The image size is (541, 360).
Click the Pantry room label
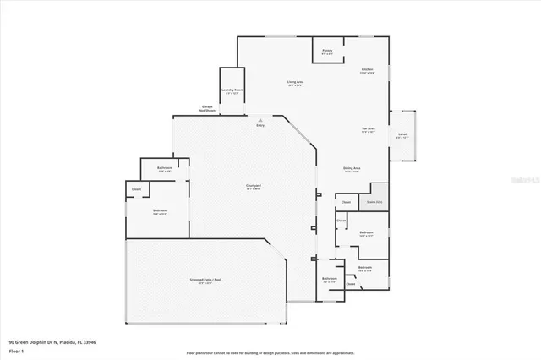[x=326, y=52]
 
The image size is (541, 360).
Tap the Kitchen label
[x=368, y=70]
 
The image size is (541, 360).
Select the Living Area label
[x=296, y=83]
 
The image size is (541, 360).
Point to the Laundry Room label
[x=232, y=90]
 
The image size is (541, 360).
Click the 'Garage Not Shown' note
[x=206, y=109]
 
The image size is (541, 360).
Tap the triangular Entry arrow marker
[x=260, y=119]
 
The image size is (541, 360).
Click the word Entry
[x=260, y=126]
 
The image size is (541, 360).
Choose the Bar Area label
[x=369, y=130]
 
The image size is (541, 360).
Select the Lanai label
[x=402, y=134]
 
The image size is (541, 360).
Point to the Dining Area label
[x=352, y=169]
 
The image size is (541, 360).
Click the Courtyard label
[x=253, y=186]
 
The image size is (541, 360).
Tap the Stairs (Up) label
[x=374, y=202]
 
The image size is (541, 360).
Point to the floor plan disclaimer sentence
[x=270, y=352]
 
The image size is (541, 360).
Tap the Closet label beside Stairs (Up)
[x=346, y=202]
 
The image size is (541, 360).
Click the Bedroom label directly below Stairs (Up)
[x=366, y=233]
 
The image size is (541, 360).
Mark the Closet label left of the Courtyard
[x=136, y=189]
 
